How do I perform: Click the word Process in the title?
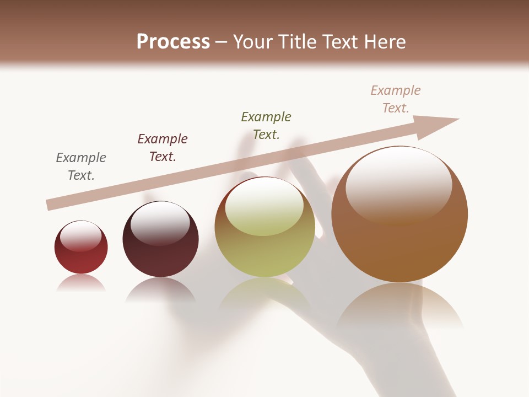pos(173,42)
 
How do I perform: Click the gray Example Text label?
pos(81,167)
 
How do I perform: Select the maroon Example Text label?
pos(163,148)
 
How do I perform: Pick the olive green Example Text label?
pos(266,126)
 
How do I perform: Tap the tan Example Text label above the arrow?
pos(396,99)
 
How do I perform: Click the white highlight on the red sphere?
pos(81,236)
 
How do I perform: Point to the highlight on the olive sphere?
pos(264,207)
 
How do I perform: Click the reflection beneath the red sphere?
pos(81,283)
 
